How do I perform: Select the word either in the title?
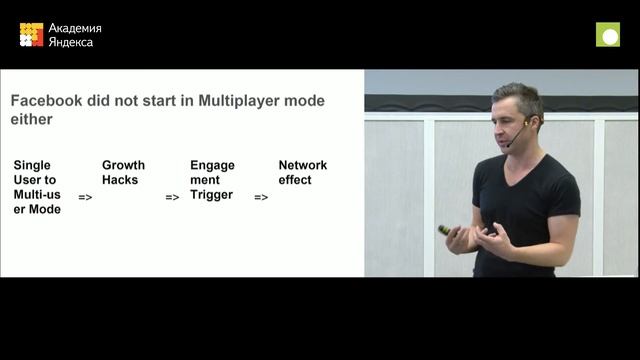pyautogui.click(x=30, y=120)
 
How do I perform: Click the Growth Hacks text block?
pyautogui.click(x=123, y=172)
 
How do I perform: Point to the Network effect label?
pyautogui.click(x=302, y=172)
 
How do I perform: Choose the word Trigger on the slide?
pyautogui.click(x=211, y=195)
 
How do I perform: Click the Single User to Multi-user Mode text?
pyautogui.click(x=36, y=187)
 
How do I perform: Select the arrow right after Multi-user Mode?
pyautogui.click(x=85, y=197)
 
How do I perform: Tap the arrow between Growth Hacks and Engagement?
pyautogui.click(x=172, y=197)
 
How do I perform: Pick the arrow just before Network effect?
pyautogui.click(x=261, y=197)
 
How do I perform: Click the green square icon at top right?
pyautogui.click(x=608, y=35)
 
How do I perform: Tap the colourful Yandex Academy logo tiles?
pyautogui.click(x=31, y=35)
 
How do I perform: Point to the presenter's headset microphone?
pyautogui.click(x=513, y=140)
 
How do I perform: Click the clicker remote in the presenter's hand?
pyautogui.click(x=445, y=230)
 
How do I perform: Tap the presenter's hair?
pyautogui.click(x=519, y=95)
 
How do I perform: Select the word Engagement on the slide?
pyautogui.click(x=212, y=172)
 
